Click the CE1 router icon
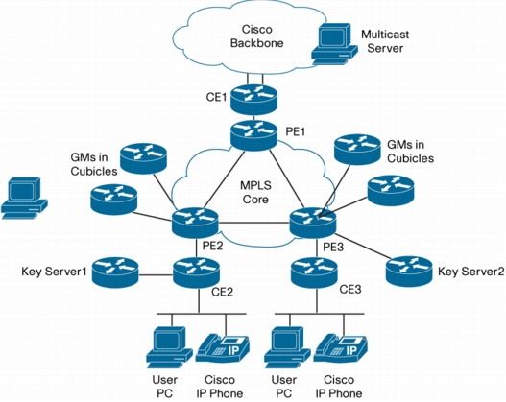(254, 99)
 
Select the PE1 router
(254, 135)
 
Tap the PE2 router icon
(195, 223)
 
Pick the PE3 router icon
(313, 223)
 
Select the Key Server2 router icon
(409, 272)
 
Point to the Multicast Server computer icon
(335, 44)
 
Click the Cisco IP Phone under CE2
(224, 349)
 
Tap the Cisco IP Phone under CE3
(341, 349)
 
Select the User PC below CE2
(169, 347)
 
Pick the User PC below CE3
(287, 347)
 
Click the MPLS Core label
(255, 193)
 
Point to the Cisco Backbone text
(257, 36)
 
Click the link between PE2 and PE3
(254, 223)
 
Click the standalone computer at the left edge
(24, 199)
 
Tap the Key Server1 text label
(54, 272)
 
